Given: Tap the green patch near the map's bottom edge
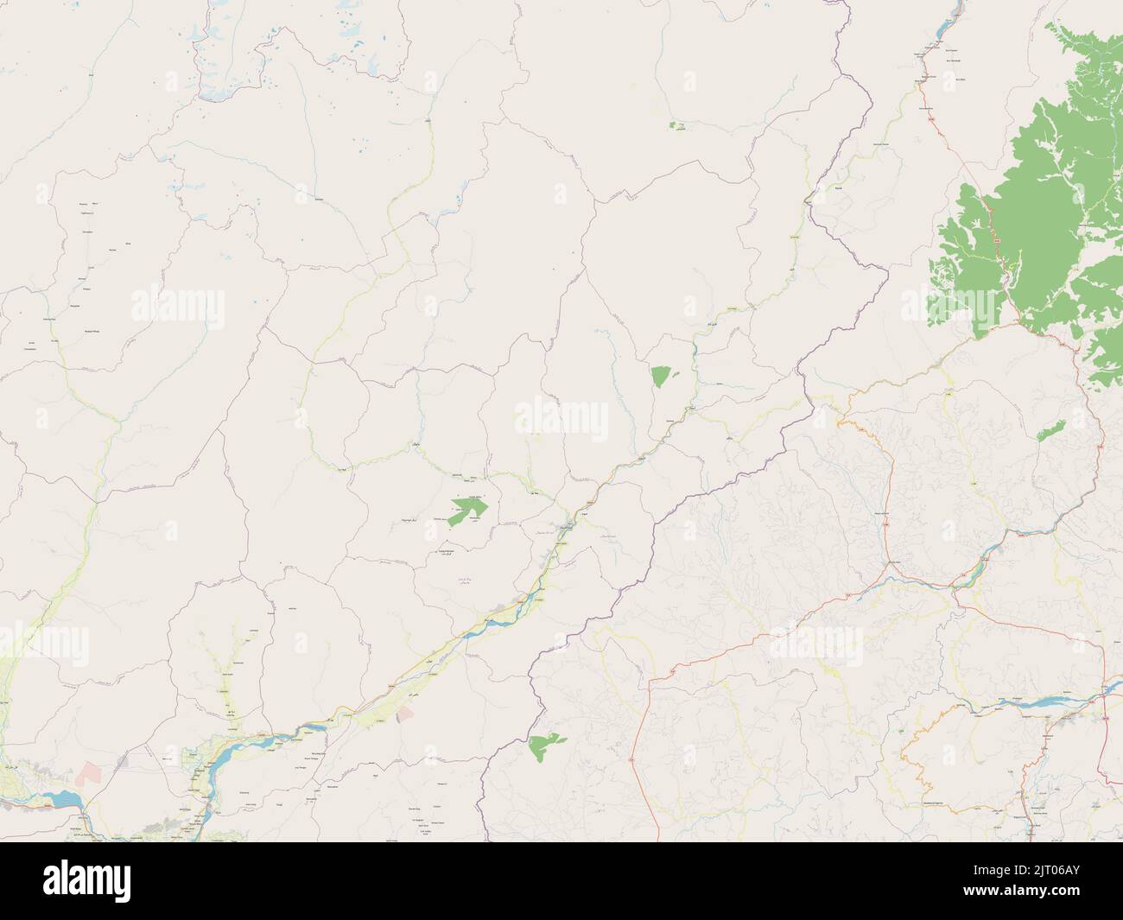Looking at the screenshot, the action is (545, 746).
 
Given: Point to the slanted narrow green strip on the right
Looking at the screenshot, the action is (1050, 428).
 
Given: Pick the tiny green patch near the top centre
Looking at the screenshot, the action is (678, 126).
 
